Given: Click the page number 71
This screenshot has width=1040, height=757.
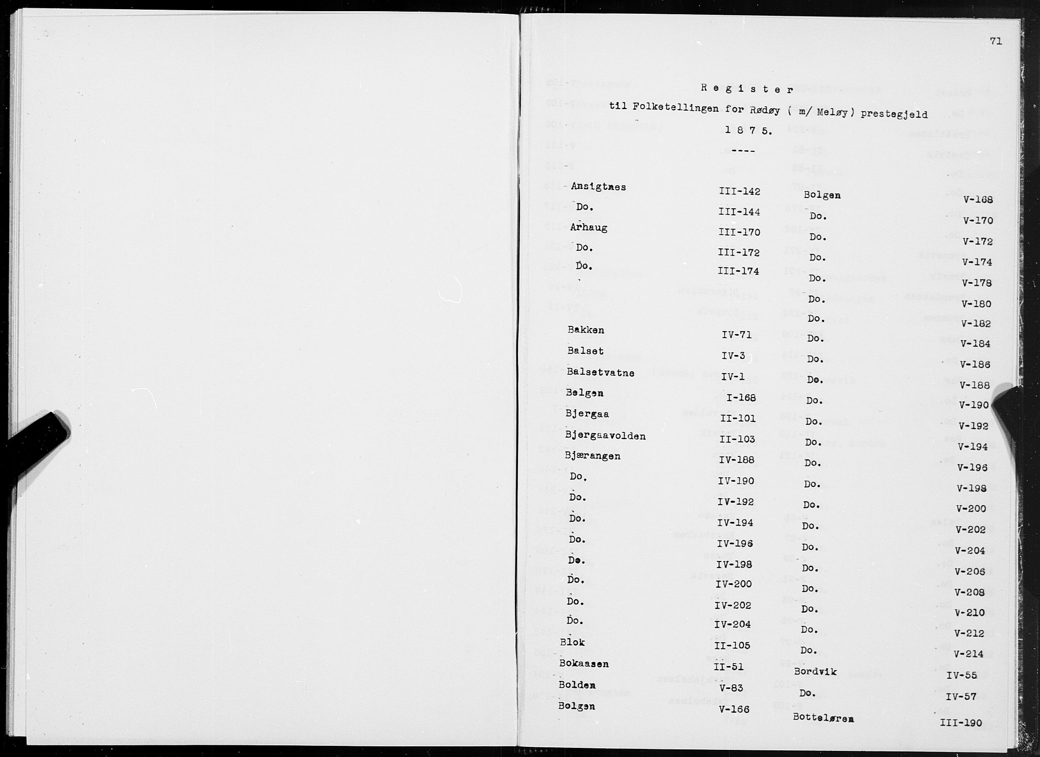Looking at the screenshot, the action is pos(995,42).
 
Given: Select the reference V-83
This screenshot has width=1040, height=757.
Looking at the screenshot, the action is pos(732,688).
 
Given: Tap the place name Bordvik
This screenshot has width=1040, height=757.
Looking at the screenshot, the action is pos(816,672).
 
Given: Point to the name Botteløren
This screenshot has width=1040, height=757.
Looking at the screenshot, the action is pos(823,718).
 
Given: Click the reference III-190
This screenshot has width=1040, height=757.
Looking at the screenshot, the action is pos(961,723).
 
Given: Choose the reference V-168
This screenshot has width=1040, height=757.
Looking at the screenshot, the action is pos(978,200).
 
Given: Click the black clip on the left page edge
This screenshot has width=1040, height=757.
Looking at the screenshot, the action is pos(38,441).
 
